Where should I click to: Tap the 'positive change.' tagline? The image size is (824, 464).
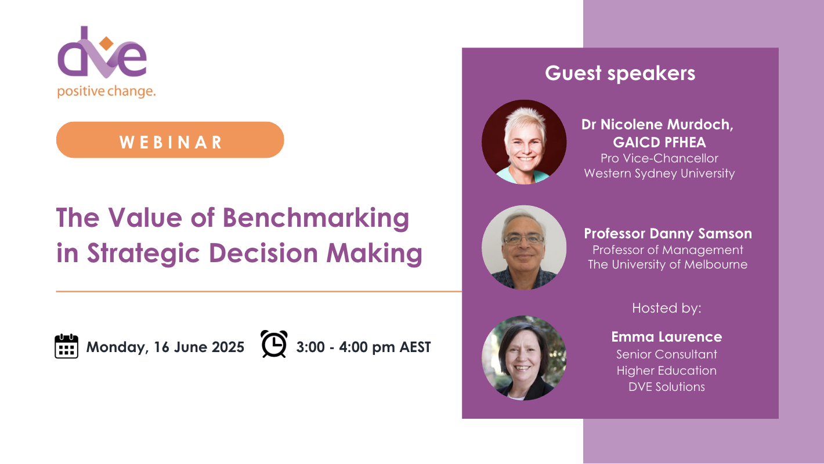(106, 92)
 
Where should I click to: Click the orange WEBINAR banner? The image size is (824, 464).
(170, 140)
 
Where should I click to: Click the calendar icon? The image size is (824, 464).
(66, 346)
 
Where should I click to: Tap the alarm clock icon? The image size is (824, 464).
(274, 344)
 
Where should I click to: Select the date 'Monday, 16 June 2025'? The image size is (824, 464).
(165, 347)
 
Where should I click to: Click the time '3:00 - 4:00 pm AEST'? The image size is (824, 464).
(363, 347)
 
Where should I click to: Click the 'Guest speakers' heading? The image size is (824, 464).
(620, 74)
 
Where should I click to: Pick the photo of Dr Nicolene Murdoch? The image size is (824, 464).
(524, 142)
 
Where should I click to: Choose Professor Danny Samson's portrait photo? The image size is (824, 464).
(524, 248)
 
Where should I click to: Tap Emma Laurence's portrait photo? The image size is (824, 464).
(524, 357)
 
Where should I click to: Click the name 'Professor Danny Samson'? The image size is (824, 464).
(667, 234)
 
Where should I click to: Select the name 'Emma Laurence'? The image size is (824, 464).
(666, 337)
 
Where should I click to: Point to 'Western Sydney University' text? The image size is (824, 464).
(659, 173)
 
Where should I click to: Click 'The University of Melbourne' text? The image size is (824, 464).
(667, 265)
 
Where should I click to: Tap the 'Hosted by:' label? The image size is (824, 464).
(666, 308)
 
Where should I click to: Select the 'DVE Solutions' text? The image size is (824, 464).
(666, 387)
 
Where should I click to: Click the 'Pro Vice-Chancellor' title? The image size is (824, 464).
(659, 158)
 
